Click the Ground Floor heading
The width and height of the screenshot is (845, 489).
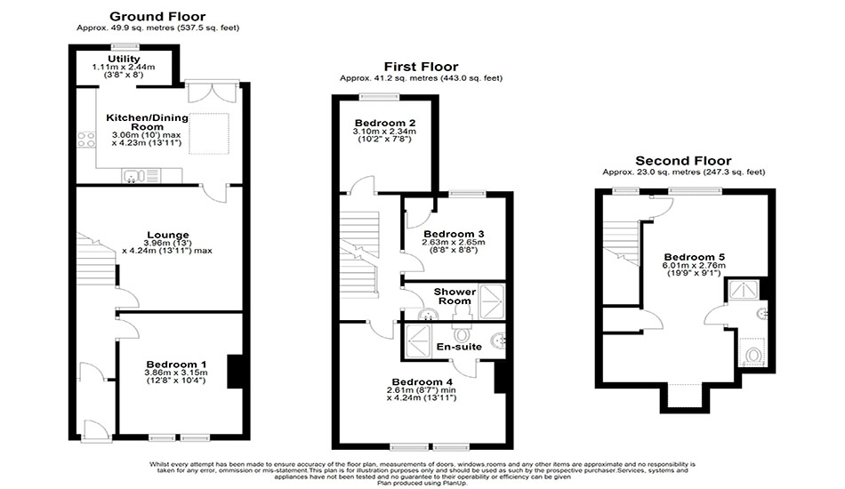coord(157,17)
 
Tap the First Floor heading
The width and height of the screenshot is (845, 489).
coord(421,67)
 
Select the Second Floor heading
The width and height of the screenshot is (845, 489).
coord(683,161)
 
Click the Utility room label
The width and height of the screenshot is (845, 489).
coord(124,59)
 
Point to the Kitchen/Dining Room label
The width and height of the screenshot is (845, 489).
coord(147,123)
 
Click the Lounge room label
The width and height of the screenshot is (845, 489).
coord(168,235)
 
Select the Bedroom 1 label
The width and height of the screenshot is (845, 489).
coord(176,365)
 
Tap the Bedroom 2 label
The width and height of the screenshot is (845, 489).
coord(385,123)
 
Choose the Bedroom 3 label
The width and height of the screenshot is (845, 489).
coord(454,234)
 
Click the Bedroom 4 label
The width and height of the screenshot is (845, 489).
coord(422,381)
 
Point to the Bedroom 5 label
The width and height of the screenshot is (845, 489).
coord(694,257)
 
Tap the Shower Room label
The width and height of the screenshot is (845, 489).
coord(455,296)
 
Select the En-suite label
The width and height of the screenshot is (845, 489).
coord(459,346)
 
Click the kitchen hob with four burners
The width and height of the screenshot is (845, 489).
coord(86,140)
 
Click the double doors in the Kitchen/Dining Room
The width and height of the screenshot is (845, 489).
coord(212,92)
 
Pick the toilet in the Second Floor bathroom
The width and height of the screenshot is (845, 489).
coord(752,355)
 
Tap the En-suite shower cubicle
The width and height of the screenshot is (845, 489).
coord(419,340)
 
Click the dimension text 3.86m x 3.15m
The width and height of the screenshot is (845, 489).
coord(176,373)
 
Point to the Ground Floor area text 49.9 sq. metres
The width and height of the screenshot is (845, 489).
coord(143,28)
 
